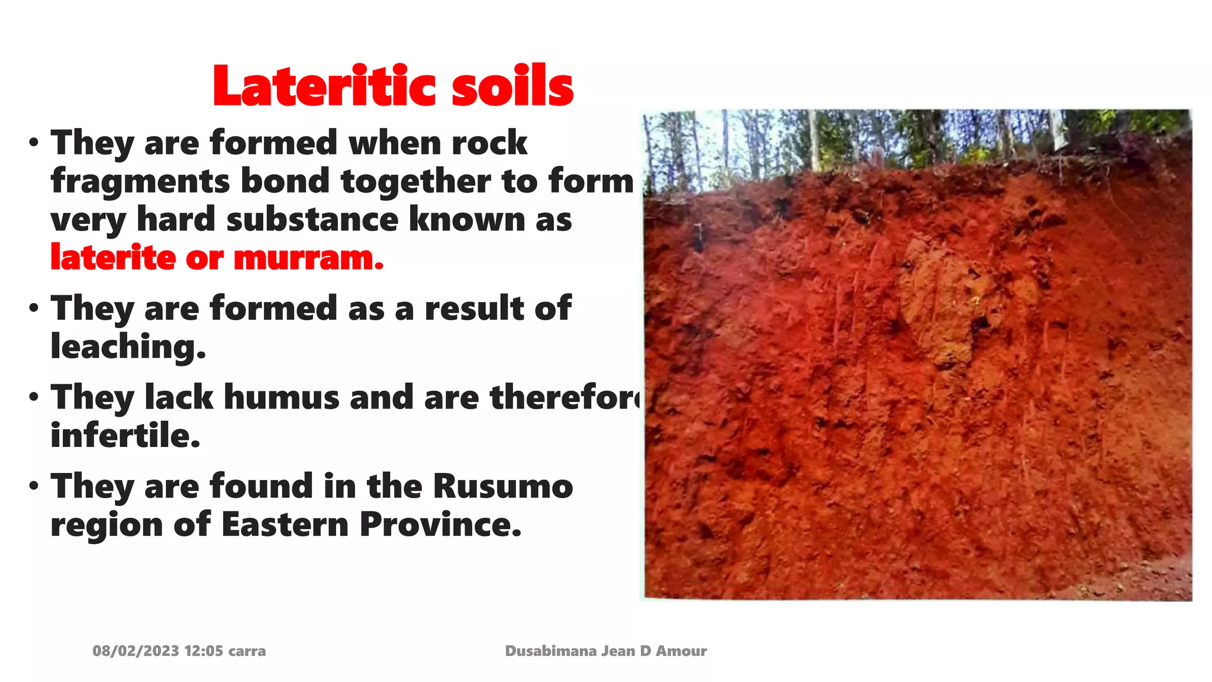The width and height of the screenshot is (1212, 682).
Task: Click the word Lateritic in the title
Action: [x=327, y=87]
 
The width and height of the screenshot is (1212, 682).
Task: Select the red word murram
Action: [x=308, y=258]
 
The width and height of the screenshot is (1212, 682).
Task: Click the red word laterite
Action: [x=113, y=258]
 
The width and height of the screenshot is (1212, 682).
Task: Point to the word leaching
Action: [x=128, y=347]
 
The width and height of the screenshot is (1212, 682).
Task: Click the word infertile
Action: [x=125, y=436]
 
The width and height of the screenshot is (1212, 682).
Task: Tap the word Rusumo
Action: [x=502, y=487]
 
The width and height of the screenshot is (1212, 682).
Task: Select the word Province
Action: [x=440, y=525]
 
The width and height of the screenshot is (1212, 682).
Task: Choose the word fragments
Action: [x=140, y=181]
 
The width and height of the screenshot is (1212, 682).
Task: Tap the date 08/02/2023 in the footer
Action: [x=136, y=651]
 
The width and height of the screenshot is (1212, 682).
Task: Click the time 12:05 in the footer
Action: [x=204, y=651]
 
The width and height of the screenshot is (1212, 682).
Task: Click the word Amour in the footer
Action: [x=681, y=651]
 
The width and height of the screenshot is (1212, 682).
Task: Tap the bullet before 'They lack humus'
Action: [x=34, y=397]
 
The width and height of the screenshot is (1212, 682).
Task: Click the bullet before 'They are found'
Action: [x=34, y=486]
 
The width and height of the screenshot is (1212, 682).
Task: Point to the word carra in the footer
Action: [x=247, y=651]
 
